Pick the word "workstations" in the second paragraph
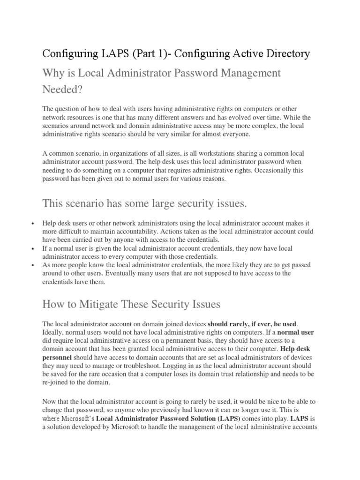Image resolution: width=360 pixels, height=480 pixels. [204, 153]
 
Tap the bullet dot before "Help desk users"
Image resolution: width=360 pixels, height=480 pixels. [32, 224]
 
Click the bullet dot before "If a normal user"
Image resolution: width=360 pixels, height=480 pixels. [32, 248]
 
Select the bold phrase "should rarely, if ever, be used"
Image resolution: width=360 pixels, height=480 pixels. [252, 324]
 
